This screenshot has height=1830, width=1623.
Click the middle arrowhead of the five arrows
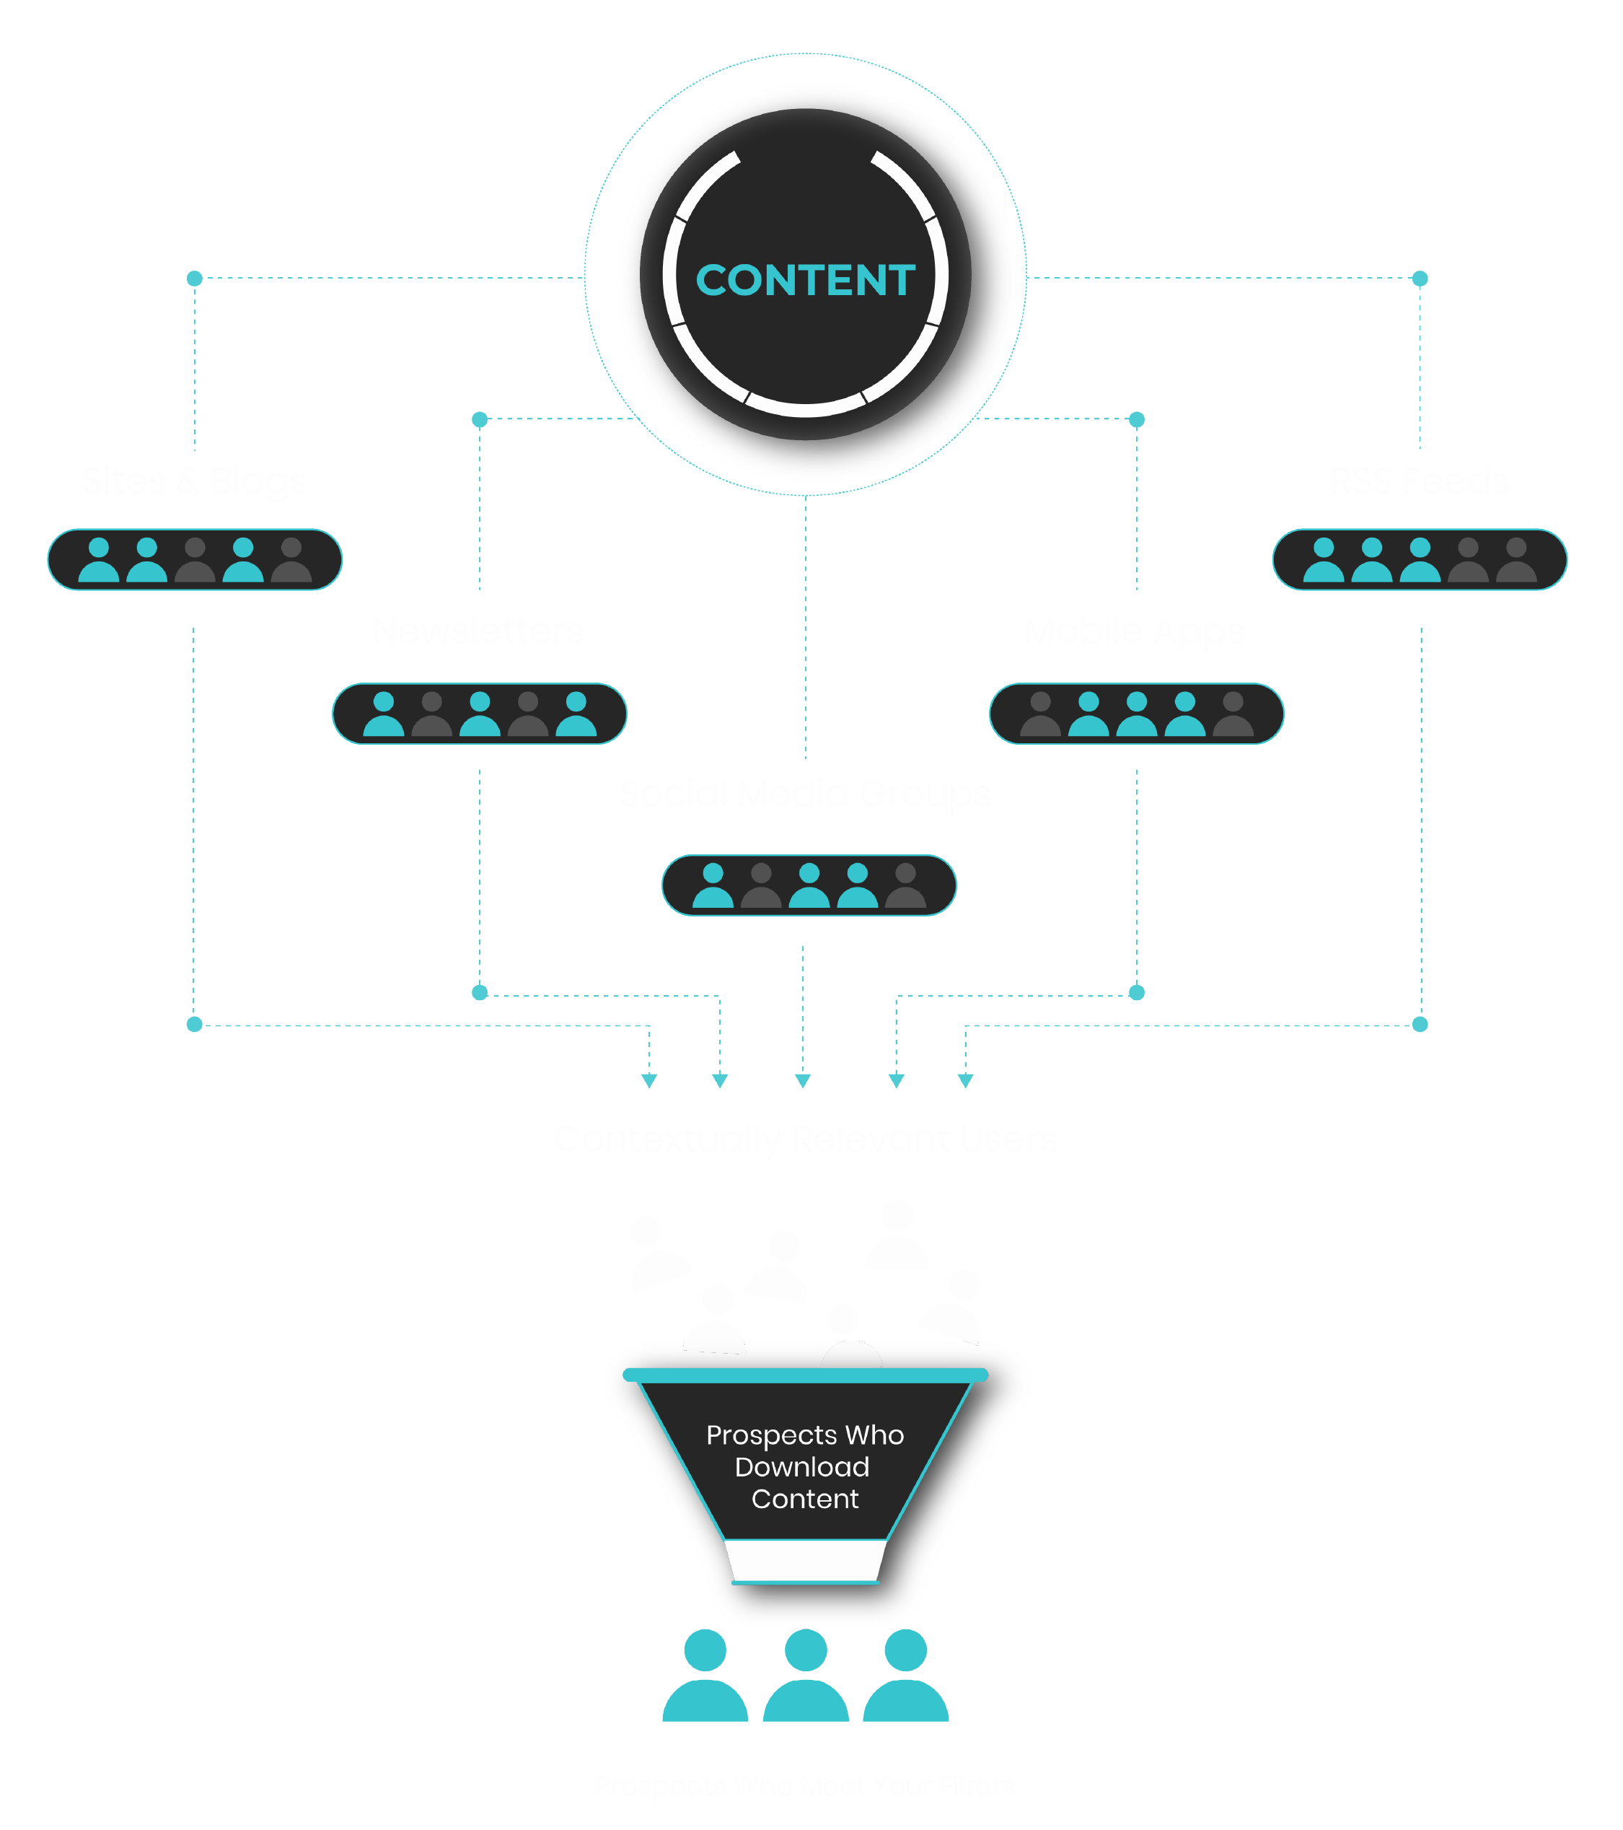[x=803, y=1081]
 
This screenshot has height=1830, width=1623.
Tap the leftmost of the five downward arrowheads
[x=650, y=1081]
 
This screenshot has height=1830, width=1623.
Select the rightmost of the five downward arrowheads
[x=965, y=1081]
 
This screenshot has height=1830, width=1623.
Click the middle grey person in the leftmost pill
[x=195, y=561]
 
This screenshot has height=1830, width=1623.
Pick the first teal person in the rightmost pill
[x=1323, y=561]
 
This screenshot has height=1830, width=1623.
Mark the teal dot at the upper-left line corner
[x=194, y=279]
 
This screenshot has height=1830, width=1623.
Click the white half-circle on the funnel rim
[x=851, y=1354]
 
